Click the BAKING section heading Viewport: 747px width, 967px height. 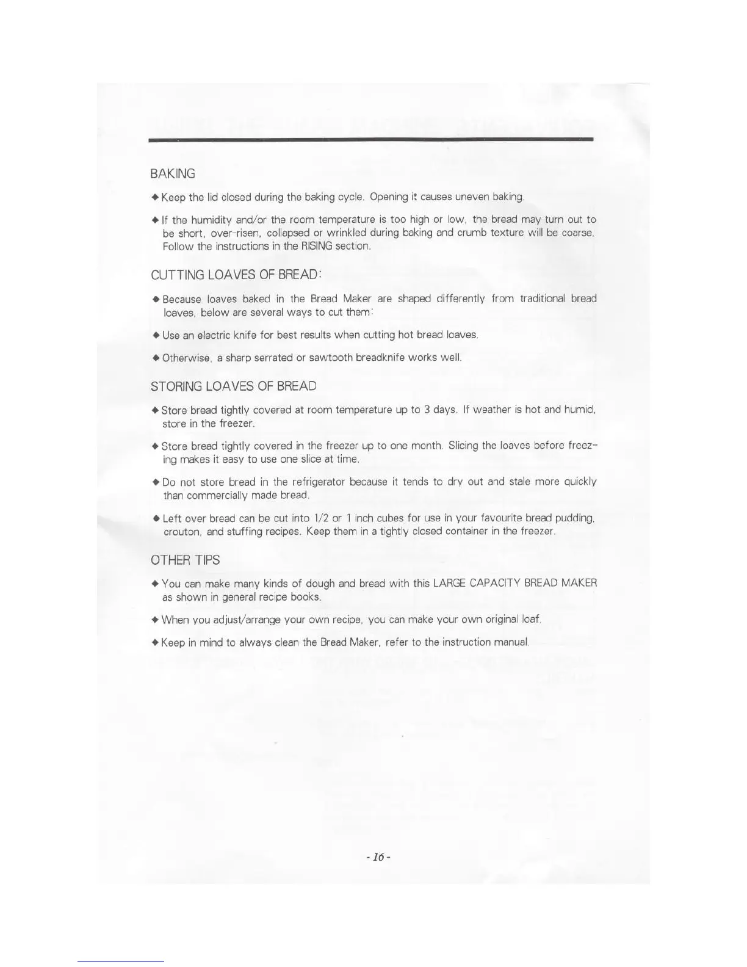click(x=173, y=174)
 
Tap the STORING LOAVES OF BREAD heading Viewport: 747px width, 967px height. click(x=233, y=386)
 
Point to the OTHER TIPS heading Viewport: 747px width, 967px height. click(x=185, y=560)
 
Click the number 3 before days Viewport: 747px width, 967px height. click(x=427, y=409)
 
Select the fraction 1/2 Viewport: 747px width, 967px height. click(x=320, y=518)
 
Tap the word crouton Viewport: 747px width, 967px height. click(x=182, y=532)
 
